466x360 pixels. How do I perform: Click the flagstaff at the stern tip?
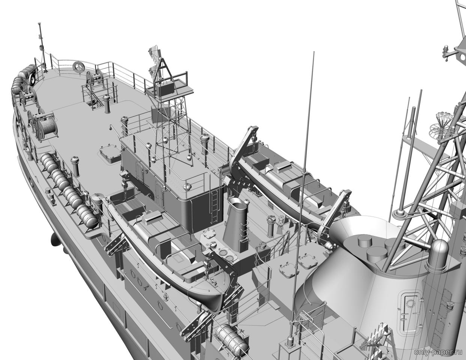42,47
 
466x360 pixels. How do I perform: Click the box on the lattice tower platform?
165,89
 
